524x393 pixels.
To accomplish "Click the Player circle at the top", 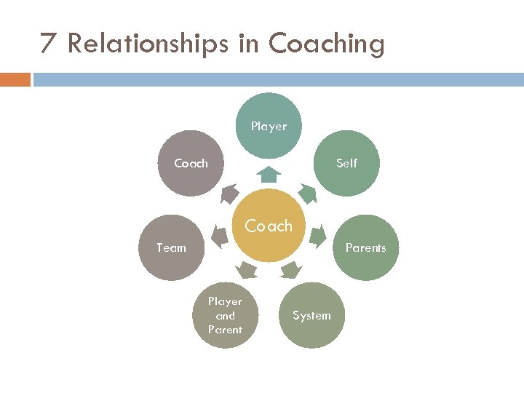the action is (x=269, y=125).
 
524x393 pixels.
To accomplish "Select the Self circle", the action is (x=346, y=163).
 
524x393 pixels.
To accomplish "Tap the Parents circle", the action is (x=365, y=247).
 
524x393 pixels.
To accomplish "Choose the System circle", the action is (x=311, y=315).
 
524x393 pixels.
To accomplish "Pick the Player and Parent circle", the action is (x=225, y=315).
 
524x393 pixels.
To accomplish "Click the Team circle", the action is (x=172, y=247).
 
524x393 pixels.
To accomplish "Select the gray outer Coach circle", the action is (x=191, y=163).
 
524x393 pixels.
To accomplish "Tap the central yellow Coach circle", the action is (x=269, y=226).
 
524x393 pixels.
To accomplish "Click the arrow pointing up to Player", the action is (x=269, y=174).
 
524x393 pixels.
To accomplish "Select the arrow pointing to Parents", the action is (x=317, y=235).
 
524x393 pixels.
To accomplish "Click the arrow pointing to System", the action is (x=290, y=270).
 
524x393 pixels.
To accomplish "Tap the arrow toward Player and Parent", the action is (x=247, y=270).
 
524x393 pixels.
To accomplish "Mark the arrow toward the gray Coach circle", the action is (x=230, y=193).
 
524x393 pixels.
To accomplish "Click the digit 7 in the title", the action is (x=48, y=44).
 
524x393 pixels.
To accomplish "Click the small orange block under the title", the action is (x=15, y=79).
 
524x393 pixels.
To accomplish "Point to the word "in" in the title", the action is (x=248, y=44).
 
